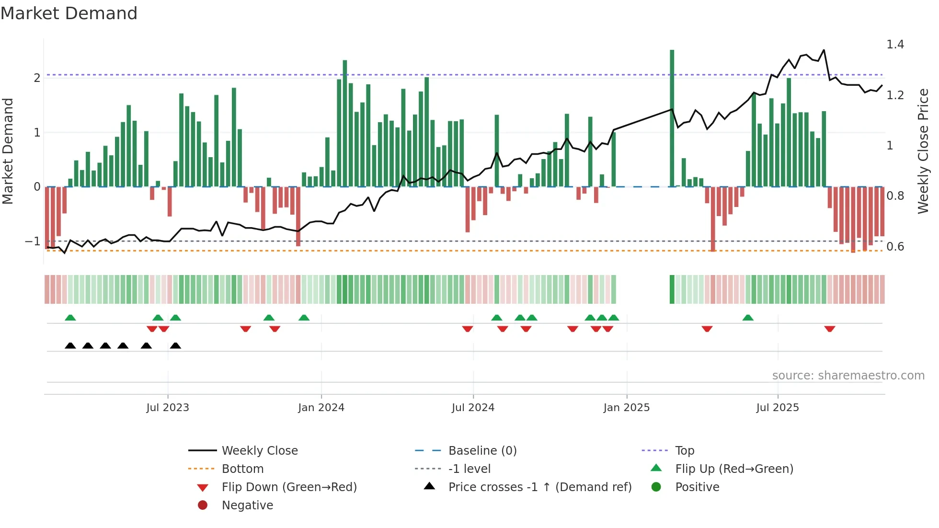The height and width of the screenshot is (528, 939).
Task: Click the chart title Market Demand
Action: (69, 13)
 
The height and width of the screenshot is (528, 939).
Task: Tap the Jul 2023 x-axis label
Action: (168, 408)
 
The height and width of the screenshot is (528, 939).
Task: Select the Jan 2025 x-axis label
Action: (626, 408)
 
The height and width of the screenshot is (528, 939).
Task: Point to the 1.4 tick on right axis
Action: (894, 45)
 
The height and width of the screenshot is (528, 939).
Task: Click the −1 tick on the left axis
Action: (33, 241)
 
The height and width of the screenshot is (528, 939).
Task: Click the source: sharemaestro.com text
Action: (848, 375)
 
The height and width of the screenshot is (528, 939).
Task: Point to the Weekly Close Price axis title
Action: (923, 151)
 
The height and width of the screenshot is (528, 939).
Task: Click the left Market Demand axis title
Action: (8, 151)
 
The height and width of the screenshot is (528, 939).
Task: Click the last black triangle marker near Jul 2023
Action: (176, 345)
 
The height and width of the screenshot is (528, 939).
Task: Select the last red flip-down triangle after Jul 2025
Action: (830, 329)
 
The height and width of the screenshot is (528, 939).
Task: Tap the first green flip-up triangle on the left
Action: (70, 318)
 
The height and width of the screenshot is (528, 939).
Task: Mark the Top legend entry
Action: (684, 450)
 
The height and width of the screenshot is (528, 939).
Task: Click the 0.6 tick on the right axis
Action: (894, 247)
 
